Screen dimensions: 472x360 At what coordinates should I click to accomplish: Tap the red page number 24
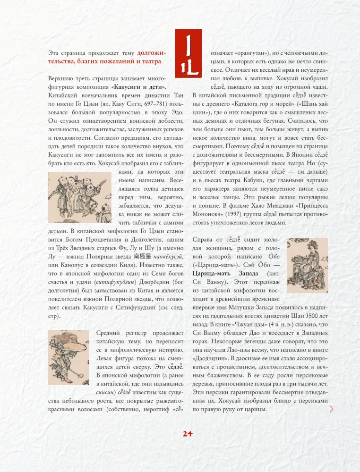(x=188, y=433)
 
